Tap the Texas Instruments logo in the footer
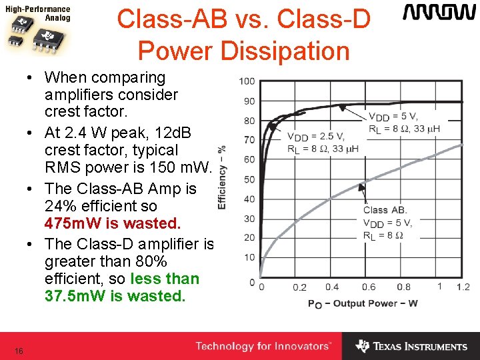click(411, 346)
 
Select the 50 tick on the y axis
click(248, 179)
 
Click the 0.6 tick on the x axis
click(368, 287)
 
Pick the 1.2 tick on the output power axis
click(463, 287)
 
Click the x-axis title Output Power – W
click(363, 303)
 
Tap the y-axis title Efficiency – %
click(222, 177)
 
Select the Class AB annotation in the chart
click(385, 210)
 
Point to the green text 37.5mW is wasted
click(114, 295)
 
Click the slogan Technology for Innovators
click(263, 346)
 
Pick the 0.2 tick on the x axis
click(299, 287)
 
